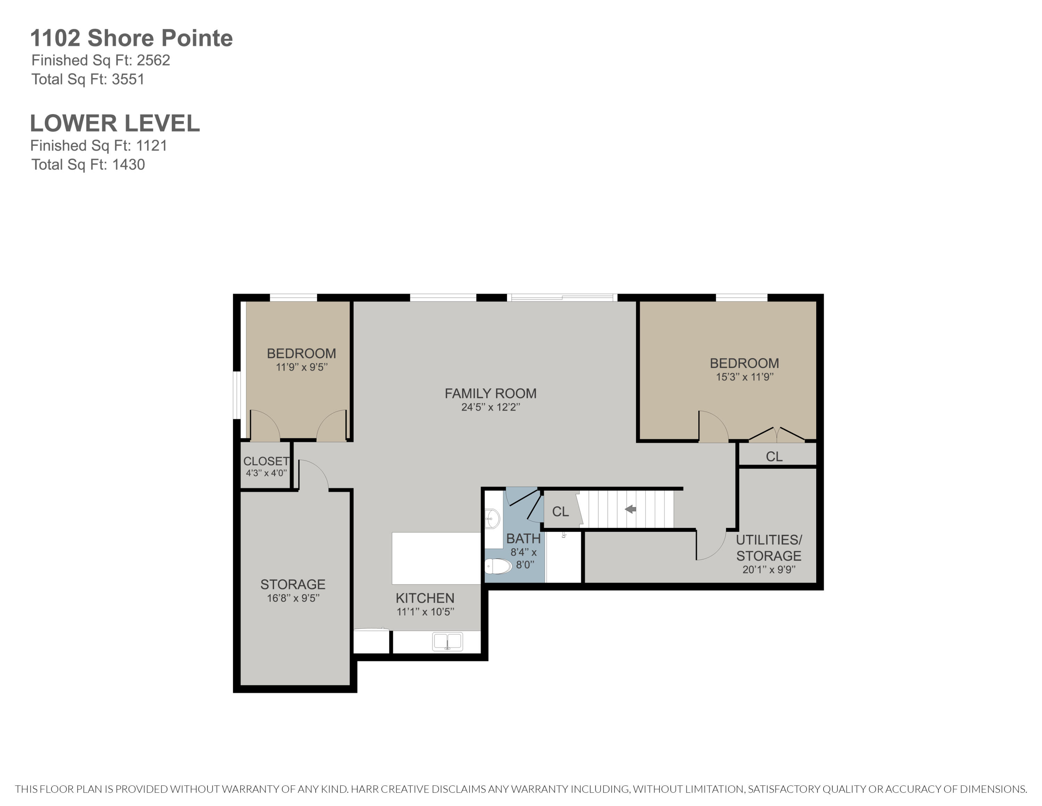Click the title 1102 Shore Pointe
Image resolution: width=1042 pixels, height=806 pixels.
131,38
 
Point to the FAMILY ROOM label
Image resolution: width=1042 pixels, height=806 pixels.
490,394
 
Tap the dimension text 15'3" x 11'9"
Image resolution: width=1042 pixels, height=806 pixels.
744,377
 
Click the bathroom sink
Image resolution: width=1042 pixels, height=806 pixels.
492,518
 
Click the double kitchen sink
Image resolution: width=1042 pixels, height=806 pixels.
447,641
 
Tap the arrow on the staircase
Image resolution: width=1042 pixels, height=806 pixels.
630,509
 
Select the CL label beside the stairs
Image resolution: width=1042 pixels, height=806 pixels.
560,511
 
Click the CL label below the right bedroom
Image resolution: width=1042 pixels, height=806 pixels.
774,457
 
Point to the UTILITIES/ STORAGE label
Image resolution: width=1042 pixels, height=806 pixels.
769,548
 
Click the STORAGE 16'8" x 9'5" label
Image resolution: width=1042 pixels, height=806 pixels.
293,590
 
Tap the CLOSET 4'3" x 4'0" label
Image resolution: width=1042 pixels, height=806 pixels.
266,466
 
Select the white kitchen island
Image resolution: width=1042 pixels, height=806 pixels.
436,558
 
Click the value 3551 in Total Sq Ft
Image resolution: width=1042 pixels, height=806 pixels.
128,79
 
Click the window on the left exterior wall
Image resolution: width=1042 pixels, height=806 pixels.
237,395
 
